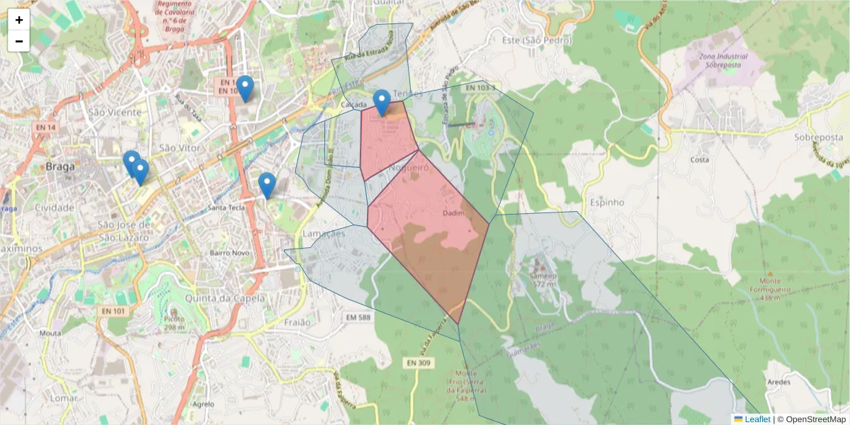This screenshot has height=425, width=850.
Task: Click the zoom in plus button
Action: click(19, 20)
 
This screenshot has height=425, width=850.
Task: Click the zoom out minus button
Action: click(19, 41)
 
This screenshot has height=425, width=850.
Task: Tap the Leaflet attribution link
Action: click(757, 419)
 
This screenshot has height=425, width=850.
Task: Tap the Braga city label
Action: click(60, 167)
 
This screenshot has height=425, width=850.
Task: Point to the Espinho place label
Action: click(606, 202)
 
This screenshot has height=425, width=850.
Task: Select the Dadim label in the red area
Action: click(453, 213)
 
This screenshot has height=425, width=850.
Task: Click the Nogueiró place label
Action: click(409, 168)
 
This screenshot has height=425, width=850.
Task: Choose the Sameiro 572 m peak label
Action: click(543, 279)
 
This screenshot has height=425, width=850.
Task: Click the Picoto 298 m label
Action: click(174, 323)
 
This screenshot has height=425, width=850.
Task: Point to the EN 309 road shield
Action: click(419, 363)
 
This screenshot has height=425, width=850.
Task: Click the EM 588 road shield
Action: click(359, 317)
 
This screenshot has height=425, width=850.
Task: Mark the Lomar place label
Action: click(64, 398)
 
